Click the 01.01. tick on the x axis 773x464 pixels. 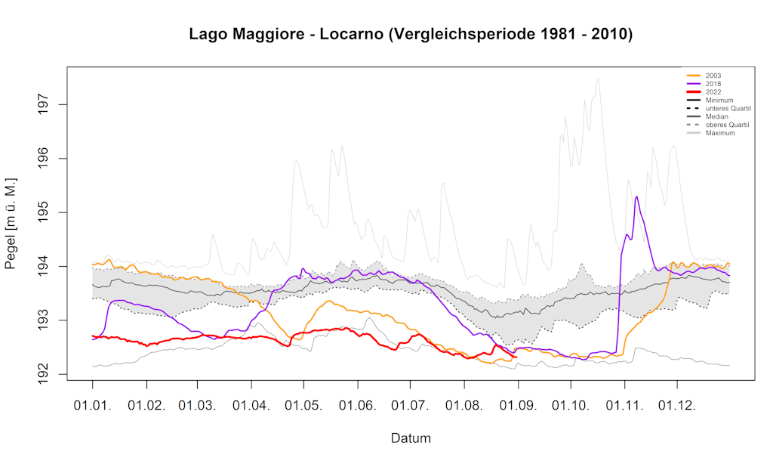(x=93, y=405)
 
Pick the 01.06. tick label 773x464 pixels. (x=359, y=405)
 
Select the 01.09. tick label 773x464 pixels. (x=518, y=405)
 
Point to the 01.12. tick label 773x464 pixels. (x=677, y=405)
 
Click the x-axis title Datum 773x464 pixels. (x=411, y=438)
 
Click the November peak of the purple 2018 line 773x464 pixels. (x=637, y=196)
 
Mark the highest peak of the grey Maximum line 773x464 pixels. (x=598, y=79)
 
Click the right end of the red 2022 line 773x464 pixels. (x=517, y=357)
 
